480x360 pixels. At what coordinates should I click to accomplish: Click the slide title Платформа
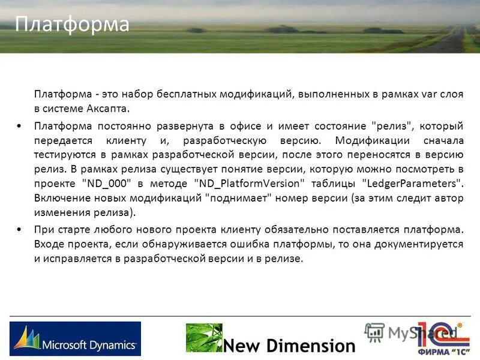point(72,24)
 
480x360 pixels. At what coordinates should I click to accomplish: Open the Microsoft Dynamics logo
point(75,339)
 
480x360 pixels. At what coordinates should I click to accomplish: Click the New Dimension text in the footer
point(290,346)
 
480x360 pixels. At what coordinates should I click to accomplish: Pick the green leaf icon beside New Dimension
point(203,338)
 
